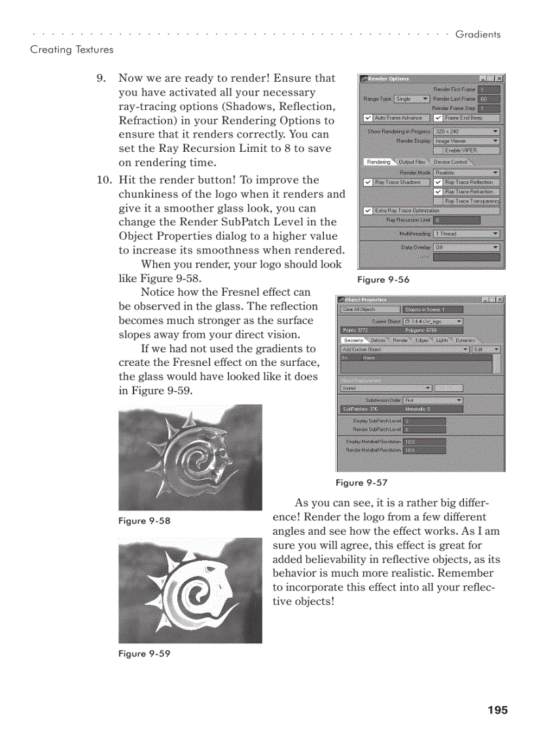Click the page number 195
(x=497, y=710)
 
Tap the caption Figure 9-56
(x=383, y=279)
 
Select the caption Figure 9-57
(x=361, y=482)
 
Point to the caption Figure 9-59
(x=144, y=653)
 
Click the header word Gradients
(x=478, y=34)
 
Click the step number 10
(x=104, y=180)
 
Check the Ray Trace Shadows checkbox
(x=368, y=183)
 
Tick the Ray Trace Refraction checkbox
(x=438, y=192)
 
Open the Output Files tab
(x=412, y=162)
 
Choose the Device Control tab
(x=451, y=162)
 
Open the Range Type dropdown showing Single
(x=412, y=99)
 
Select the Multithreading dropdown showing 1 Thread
(x=466, y=234)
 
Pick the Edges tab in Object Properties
(x=421, y=340)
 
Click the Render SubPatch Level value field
(x=424, y=429)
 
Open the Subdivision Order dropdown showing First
(x=433, y=400)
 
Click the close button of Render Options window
(x=500, y=79)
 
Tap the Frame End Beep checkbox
(x=438, y=118)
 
